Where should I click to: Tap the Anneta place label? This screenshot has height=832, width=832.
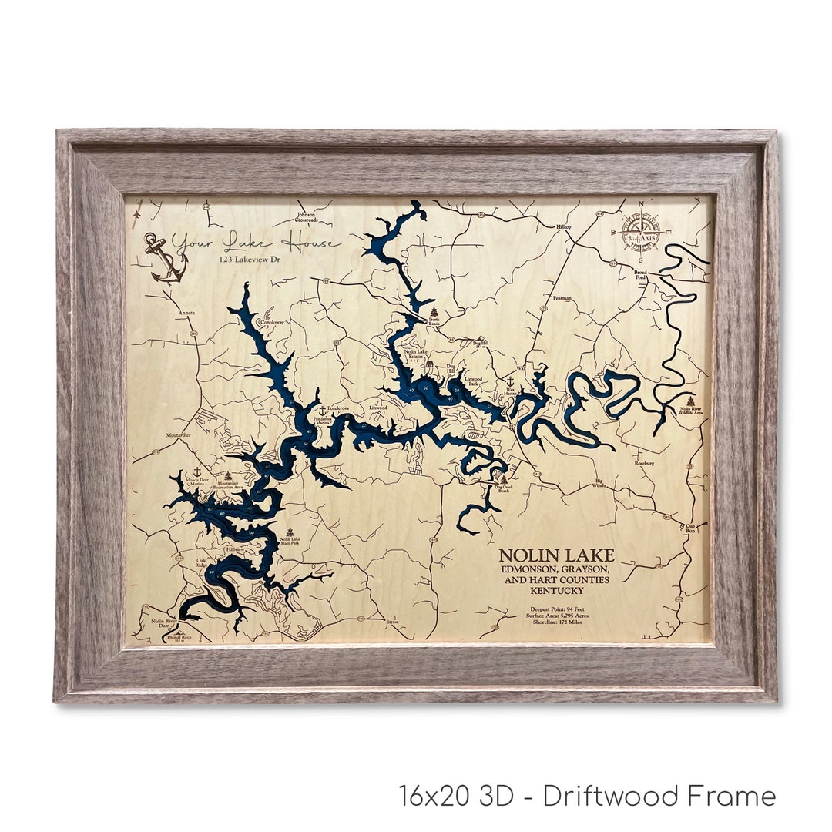(186, 314)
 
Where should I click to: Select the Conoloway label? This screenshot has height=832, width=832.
(271, 323)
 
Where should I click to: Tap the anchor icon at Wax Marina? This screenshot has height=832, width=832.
(509, 381)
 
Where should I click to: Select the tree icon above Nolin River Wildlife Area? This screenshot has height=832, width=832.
(690, 401)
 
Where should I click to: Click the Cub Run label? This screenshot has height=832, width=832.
(690, 528)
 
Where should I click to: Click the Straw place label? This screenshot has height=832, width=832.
(392, 620)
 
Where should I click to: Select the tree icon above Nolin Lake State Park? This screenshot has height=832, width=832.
(290, 532)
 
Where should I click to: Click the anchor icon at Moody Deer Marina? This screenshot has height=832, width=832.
(196, 471)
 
